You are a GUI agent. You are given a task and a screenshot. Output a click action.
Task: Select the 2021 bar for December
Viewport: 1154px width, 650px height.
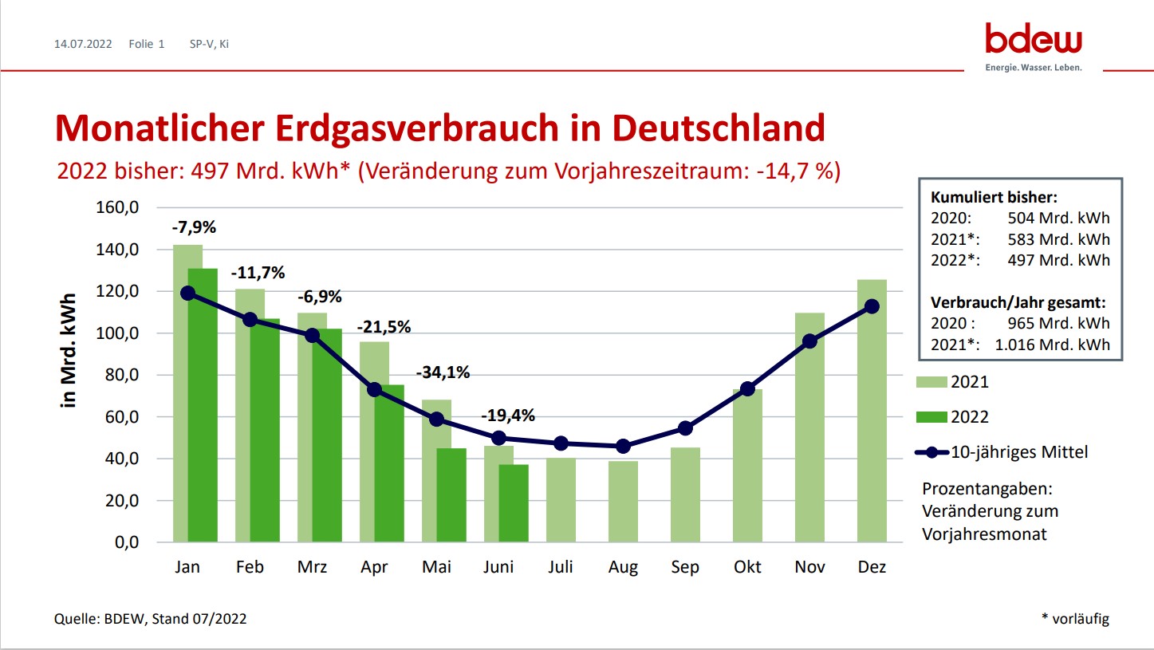pos(872,411)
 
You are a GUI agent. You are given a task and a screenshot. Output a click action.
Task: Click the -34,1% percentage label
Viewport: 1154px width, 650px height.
pos(443,372)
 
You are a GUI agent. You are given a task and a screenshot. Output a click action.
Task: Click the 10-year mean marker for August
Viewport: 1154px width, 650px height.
pos(623,446)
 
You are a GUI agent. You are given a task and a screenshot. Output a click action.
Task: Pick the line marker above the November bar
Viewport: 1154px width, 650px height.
pos(809,341)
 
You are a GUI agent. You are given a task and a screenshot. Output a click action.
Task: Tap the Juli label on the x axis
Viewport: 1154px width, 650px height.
pos(561,567)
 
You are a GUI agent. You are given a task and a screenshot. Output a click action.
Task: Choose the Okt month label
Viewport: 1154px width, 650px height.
pos(747,567)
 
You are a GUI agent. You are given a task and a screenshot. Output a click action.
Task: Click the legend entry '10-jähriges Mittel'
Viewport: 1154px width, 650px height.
pos(1018,452)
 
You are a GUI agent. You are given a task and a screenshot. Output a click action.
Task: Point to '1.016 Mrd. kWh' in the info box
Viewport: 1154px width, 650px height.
pos(1052,345)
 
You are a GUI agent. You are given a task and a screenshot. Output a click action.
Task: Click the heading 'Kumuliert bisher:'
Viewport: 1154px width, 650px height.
pos(994,198)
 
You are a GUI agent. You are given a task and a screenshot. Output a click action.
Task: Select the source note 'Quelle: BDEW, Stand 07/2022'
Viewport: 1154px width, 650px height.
pos(151,618)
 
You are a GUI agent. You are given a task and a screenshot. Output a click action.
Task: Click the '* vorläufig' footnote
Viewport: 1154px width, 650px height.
pos(1074,618)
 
